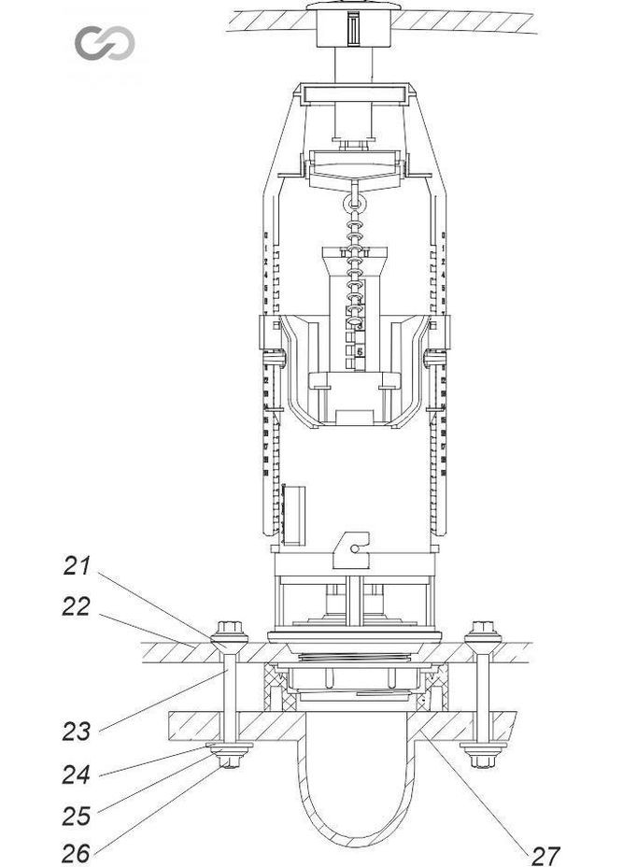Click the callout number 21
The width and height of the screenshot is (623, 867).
click(78, 566)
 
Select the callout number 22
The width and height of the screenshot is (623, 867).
click(77, 607)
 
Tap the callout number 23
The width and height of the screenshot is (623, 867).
click(77, 731)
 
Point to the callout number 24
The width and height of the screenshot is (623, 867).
click(77, 773)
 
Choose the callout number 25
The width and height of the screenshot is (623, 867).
click(77, 815)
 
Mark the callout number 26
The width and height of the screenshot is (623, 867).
click(77, 852)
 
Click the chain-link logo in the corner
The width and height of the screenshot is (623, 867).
click(105, 43)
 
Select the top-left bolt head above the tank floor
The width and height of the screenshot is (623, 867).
click(227, 630)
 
